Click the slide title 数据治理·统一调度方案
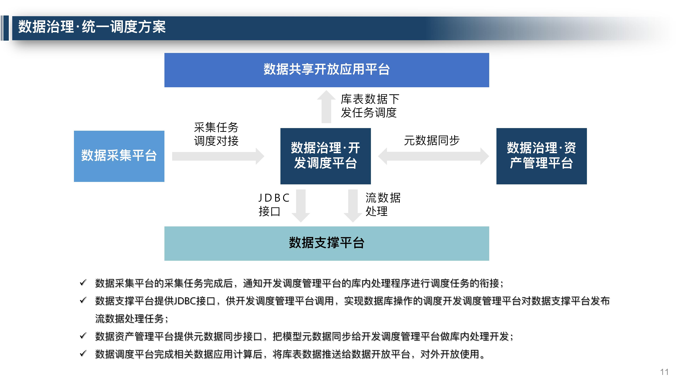point(92,27)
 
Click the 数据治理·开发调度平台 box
point(325,156)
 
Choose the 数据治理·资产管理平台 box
point(541,156)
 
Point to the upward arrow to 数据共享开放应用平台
point(326,107)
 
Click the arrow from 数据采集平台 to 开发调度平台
point(218,156)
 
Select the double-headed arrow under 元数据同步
point(433,156)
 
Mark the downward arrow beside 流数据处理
point(353,205)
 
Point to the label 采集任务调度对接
point(216,134)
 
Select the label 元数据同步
point(432,140)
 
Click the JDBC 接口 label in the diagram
point(274,205)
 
